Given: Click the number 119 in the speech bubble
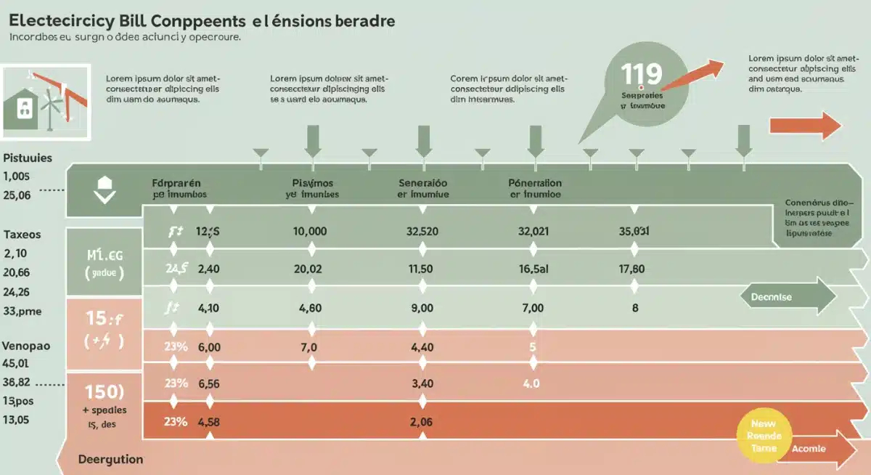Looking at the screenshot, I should pyautogui.click(x=642, y=75).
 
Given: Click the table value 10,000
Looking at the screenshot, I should pyautogui.click(x=310, y=232).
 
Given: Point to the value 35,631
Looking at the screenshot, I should pyautogui.click(x=634, y=232).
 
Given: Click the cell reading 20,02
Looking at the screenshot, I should pyautogui.click(x=310, y=269).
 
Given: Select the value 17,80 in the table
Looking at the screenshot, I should pyautogui.click(x=631, y=269).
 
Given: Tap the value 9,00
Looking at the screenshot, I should pyautogui.click(x=422, y=308).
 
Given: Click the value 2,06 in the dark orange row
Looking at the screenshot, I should pyautogui.click(x=421, y=421).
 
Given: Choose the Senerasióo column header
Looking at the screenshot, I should pyautogui.click(x=423, y=189).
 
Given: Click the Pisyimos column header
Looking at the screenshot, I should pyautogui.click(x=311, y=189).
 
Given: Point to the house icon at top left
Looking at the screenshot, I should pyautogui.click(x=25, y=107).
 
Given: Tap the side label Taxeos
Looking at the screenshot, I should pyautogui.click(x=22, y=235).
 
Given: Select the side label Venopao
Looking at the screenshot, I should pyautogui.click(x=26, y=346).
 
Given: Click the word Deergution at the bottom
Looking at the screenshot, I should pyautogui.click(x=110, y=459).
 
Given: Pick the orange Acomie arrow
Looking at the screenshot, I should pyautogui.click(x=813, y=449).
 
